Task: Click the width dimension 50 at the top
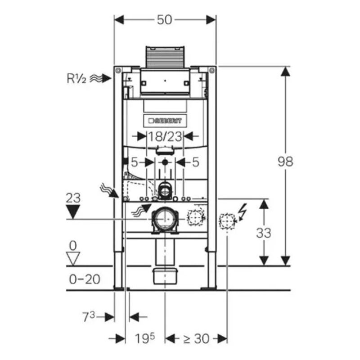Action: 165,20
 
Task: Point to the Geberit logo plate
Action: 165,121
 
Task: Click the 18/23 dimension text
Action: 165,136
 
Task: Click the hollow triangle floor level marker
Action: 73,258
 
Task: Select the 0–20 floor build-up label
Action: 84,279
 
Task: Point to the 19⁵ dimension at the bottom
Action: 145,338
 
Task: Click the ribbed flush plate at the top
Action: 165,57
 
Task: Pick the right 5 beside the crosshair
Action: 195,162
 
